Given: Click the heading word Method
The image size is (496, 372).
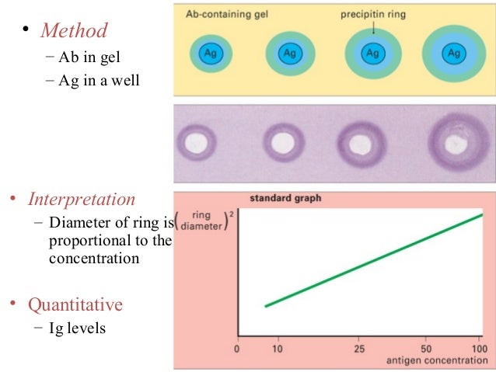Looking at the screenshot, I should click(x=74, y=31).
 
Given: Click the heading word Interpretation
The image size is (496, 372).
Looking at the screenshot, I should click(x=82, y=200).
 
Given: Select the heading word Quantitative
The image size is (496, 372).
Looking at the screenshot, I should click(x=75, y=304).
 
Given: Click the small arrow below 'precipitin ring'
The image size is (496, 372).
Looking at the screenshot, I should click(x=372, y=29).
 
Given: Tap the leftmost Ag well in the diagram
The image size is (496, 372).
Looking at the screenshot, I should click(x=210, y=53).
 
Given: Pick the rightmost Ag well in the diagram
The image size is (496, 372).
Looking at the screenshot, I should click(x=452, y=54).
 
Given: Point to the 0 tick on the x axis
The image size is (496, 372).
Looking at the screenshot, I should click(x=237, y=350).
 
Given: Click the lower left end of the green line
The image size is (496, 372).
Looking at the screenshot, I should click(x=266, y=306).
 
